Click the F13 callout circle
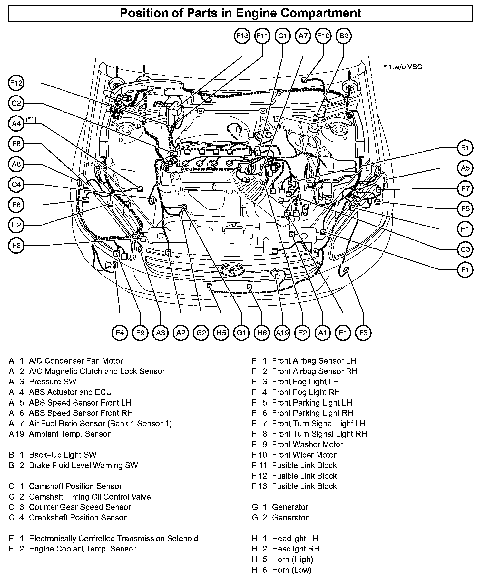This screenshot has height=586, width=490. click(242, 36)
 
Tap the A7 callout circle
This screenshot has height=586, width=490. click(303, 36)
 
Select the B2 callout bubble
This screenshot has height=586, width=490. click(344, 36)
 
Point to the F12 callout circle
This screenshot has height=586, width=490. click(16, 83)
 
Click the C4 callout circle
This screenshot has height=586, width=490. click(16, 185)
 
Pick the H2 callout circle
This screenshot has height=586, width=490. click(16, 225)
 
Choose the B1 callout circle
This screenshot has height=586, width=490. click(465, 148)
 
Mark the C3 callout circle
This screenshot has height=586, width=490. click(465, 249)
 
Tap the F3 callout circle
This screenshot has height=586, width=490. click(363, 333)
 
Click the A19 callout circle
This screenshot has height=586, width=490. click(282, 333)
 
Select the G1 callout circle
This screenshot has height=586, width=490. click(241, 333)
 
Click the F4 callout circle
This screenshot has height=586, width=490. click(120, 333)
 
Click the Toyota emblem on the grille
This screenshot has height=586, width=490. click(231, 268)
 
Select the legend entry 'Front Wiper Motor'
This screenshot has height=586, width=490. click(304, 455)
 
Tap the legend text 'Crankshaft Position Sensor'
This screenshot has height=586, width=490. click(77, 518)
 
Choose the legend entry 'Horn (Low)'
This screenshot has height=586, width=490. click(291, 570)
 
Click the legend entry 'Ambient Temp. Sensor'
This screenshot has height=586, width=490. click(70, 434)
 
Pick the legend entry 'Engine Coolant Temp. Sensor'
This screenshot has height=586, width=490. click(82, 549)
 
